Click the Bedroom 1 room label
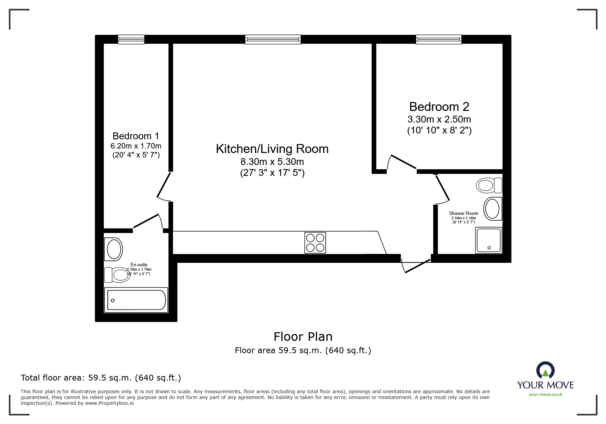136,136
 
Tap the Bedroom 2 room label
439,107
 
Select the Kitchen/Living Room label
272,149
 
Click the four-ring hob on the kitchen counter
315,243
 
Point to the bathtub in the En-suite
136,300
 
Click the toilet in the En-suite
118,275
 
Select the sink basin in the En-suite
114,249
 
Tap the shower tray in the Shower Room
488,240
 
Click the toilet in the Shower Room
489,185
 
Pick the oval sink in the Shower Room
492,209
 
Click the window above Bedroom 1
131,40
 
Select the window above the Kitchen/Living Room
273,40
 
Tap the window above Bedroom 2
438,40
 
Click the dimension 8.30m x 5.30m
272,162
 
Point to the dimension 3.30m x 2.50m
439,119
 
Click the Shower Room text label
463,213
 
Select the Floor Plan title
303,337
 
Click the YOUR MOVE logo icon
545,371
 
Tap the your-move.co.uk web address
545,395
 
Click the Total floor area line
101,378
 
